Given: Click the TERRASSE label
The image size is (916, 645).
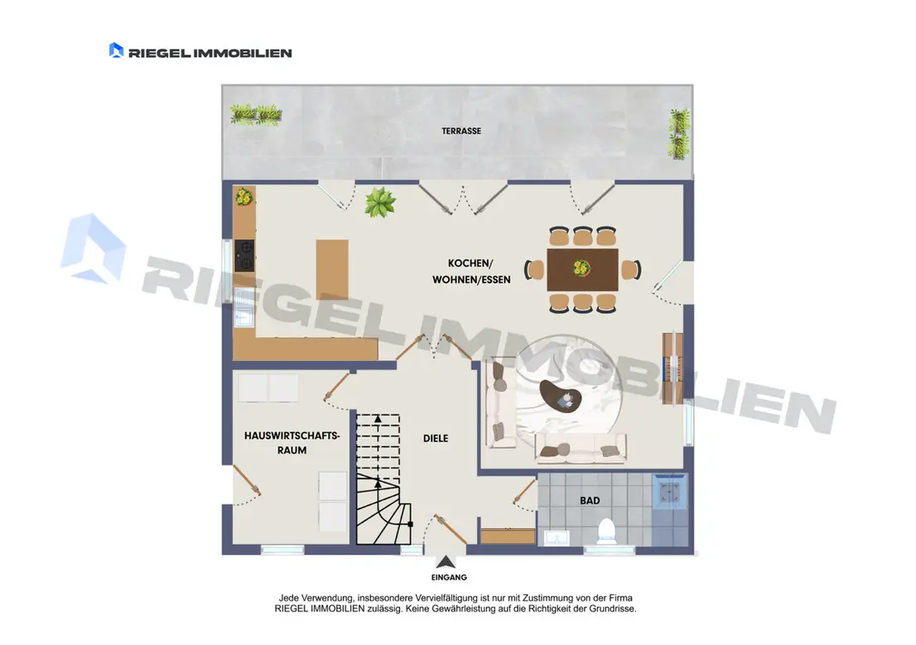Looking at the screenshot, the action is coord(461,131).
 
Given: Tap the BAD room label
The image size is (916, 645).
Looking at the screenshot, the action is coord(590,501).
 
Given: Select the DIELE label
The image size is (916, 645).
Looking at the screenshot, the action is coord(436,438).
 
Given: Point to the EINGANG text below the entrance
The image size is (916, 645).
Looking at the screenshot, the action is coord(449,577).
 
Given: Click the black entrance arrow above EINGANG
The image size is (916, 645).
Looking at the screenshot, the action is coord(446,562).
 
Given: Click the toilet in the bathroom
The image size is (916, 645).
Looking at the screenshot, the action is coord(607,531).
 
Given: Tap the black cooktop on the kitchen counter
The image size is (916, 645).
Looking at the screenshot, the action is coord(245,255).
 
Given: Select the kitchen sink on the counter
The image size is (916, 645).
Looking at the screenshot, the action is coord(244,306).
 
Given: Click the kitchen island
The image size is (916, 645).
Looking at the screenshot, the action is coord(332,270).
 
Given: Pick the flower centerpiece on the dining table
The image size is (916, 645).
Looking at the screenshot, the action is coord(581,268).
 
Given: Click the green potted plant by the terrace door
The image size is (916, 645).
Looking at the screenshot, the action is coord(380,202).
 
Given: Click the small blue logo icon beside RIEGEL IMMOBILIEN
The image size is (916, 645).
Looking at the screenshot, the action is coord(116,51).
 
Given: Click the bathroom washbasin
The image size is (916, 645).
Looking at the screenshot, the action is coord(557,537).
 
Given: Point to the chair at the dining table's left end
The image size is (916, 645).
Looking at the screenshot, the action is coord(534,270).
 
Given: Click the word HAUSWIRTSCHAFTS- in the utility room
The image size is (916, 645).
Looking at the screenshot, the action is coord(292,436).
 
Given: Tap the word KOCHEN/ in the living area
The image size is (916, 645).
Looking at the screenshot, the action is coord(470,263).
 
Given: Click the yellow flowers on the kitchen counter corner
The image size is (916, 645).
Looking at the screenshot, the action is coord(243,197).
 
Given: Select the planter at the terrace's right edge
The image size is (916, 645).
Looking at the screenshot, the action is coord(679,134).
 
